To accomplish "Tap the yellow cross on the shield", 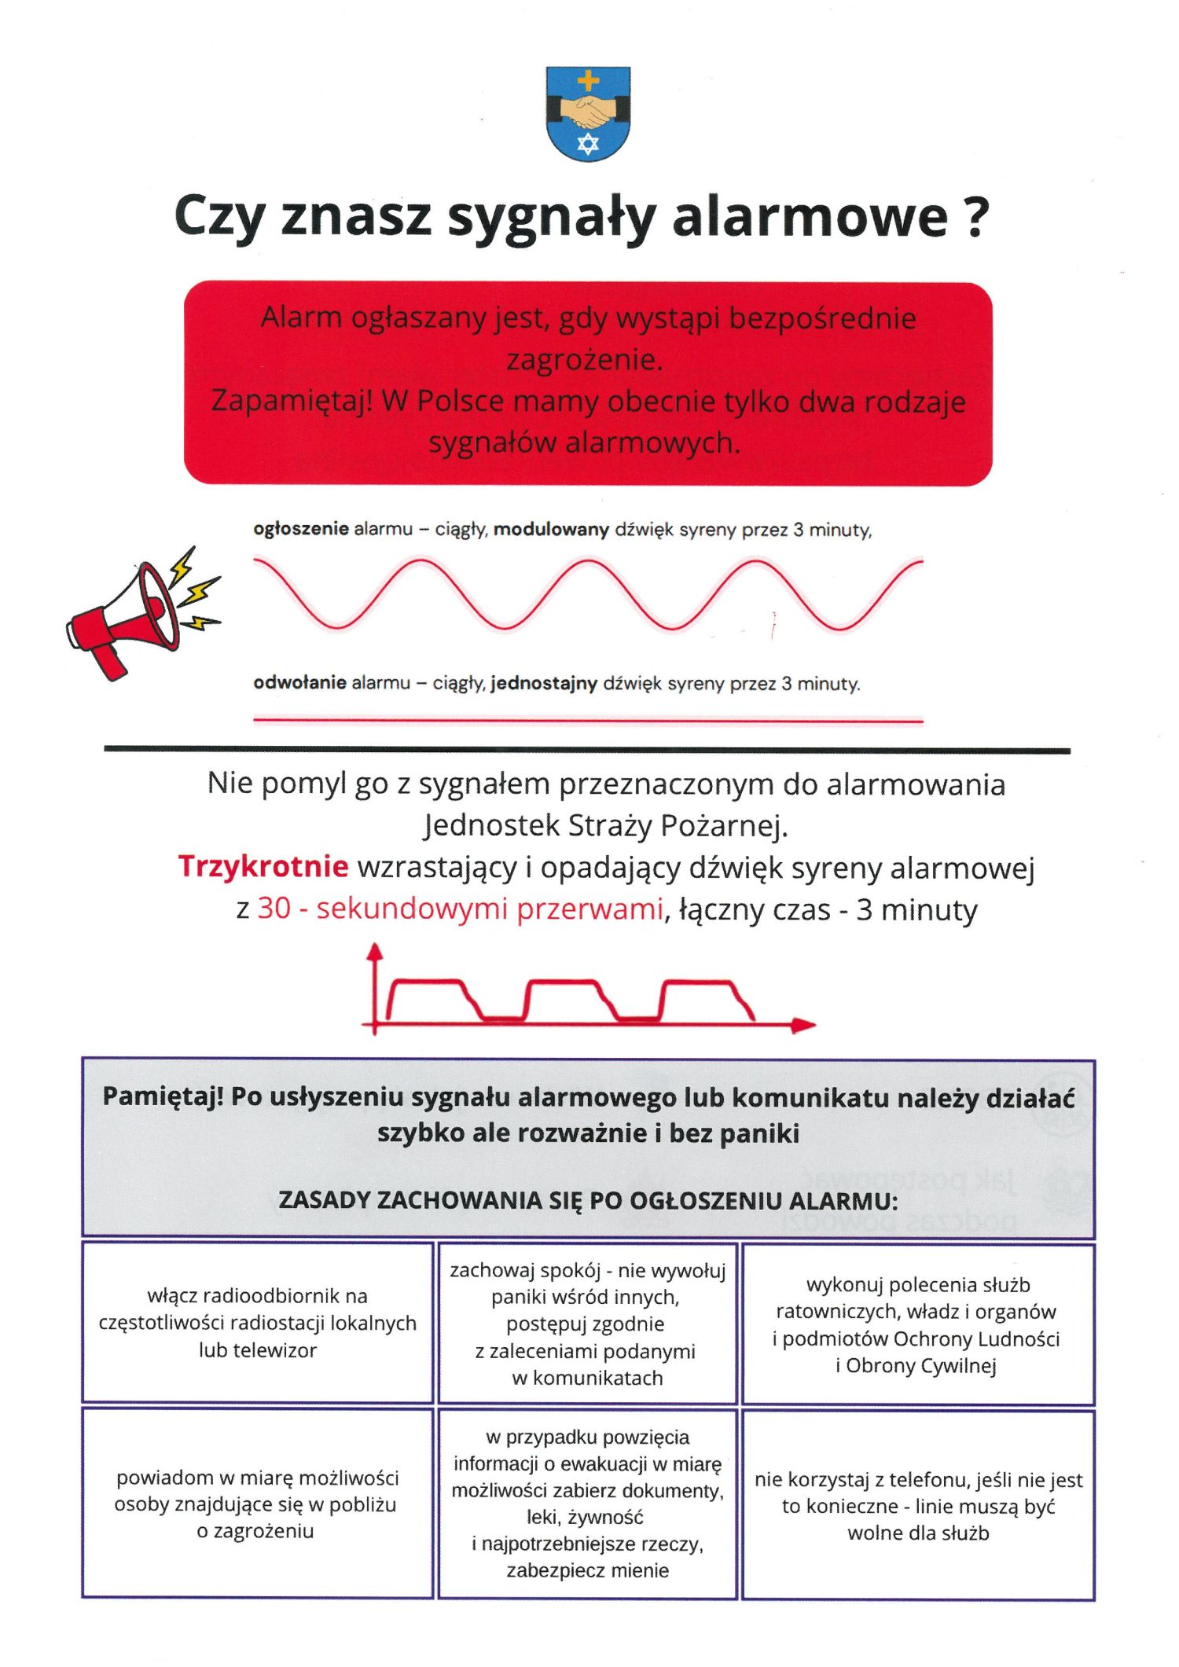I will coord(588,80).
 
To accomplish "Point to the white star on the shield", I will coord(588,143).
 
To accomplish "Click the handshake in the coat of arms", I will coord(588,112).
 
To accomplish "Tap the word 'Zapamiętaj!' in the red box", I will coord(291,402).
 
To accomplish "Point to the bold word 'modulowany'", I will coord(551,530).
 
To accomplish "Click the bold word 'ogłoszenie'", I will coord(301,530).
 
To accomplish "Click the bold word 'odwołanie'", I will coord(299,684).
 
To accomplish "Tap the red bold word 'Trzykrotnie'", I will coord(263,866).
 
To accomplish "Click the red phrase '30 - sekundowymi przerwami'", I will coord(461,909).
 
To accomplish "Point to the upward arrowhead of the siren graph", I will coord(375,952).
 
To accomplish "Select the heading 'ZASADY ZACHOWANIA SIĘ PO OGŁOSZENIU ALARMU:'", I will coord(588,1201).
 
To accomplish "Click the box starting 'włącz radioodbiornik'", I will coord(258,1324).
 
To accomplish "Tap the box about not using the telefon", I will coord(918,1506).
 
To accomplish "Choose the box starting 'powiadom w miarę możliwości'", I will coord(258,1504).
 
